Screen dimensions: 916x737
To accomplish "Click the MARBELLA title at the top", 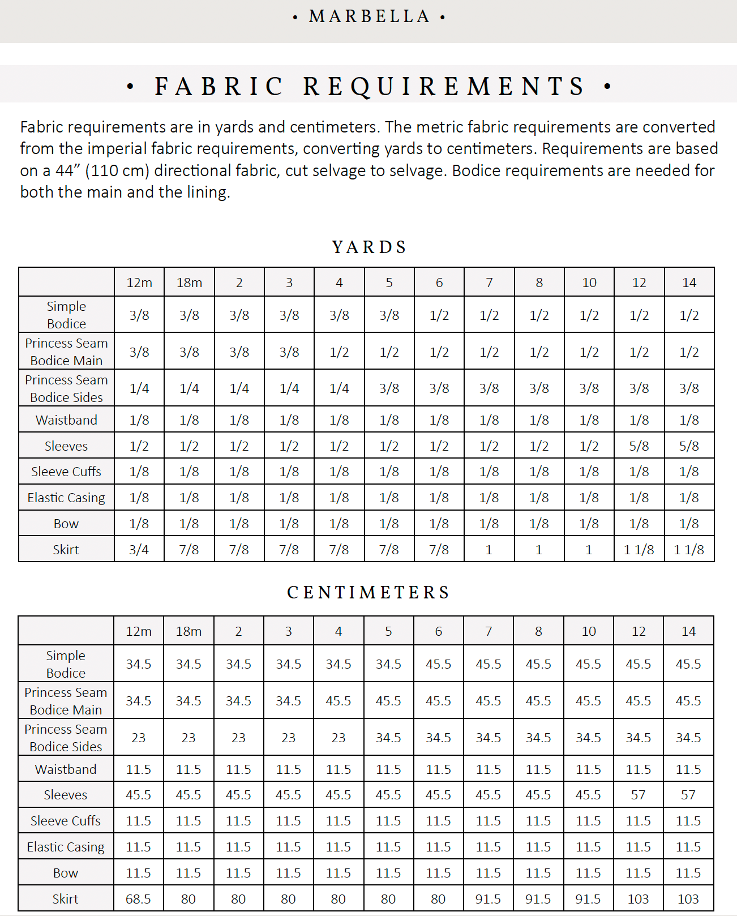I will (369, 16).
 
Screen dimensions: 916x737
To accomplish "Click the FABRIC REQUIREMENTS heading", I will (369, 86).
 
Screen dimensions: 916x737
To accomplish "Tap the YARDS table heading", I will (369, 247).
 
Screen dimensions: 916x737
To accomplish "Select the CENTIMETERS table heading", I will (368, 593).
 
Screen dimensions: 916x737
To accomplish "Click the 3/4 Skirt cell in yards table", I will (139, 549).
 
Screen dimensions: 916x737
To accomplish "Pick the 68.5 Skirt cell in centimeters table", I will (139, 898).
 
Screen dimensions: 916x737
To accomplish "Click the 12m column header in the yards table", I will (139, 282).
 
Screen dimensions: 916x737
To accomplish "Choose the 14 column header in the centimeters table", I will (688, 631).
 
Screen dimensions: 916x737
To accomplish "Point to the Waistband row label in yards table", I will (66, 420).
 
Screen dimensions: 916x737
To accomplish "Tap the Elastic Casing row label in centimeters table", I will (66, 847).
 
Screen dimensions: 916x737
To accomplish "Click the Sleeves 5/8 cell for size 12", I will (639, 446).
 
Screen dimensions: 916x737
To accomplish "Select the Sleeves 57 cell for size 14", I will (688, 795).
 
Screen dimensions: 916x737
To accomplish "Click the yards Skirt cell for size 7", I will (489, 549).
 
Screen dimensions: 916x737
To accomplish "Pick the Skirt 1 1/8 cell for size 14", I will (689, 549).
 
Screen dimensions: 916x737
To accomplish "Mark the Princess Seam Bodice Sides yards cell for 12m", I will (139, 388).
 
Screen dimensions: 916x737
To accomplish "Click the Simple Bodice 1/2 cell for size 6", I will (439, 315).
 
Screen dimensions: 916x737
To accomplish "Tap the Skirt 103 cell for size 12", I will (639, 898).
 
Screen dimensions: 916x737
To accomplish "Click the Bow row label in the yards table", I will (66, 524).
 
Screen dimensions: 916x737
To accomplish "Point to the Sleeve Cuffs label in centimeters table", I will (66, 821).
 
